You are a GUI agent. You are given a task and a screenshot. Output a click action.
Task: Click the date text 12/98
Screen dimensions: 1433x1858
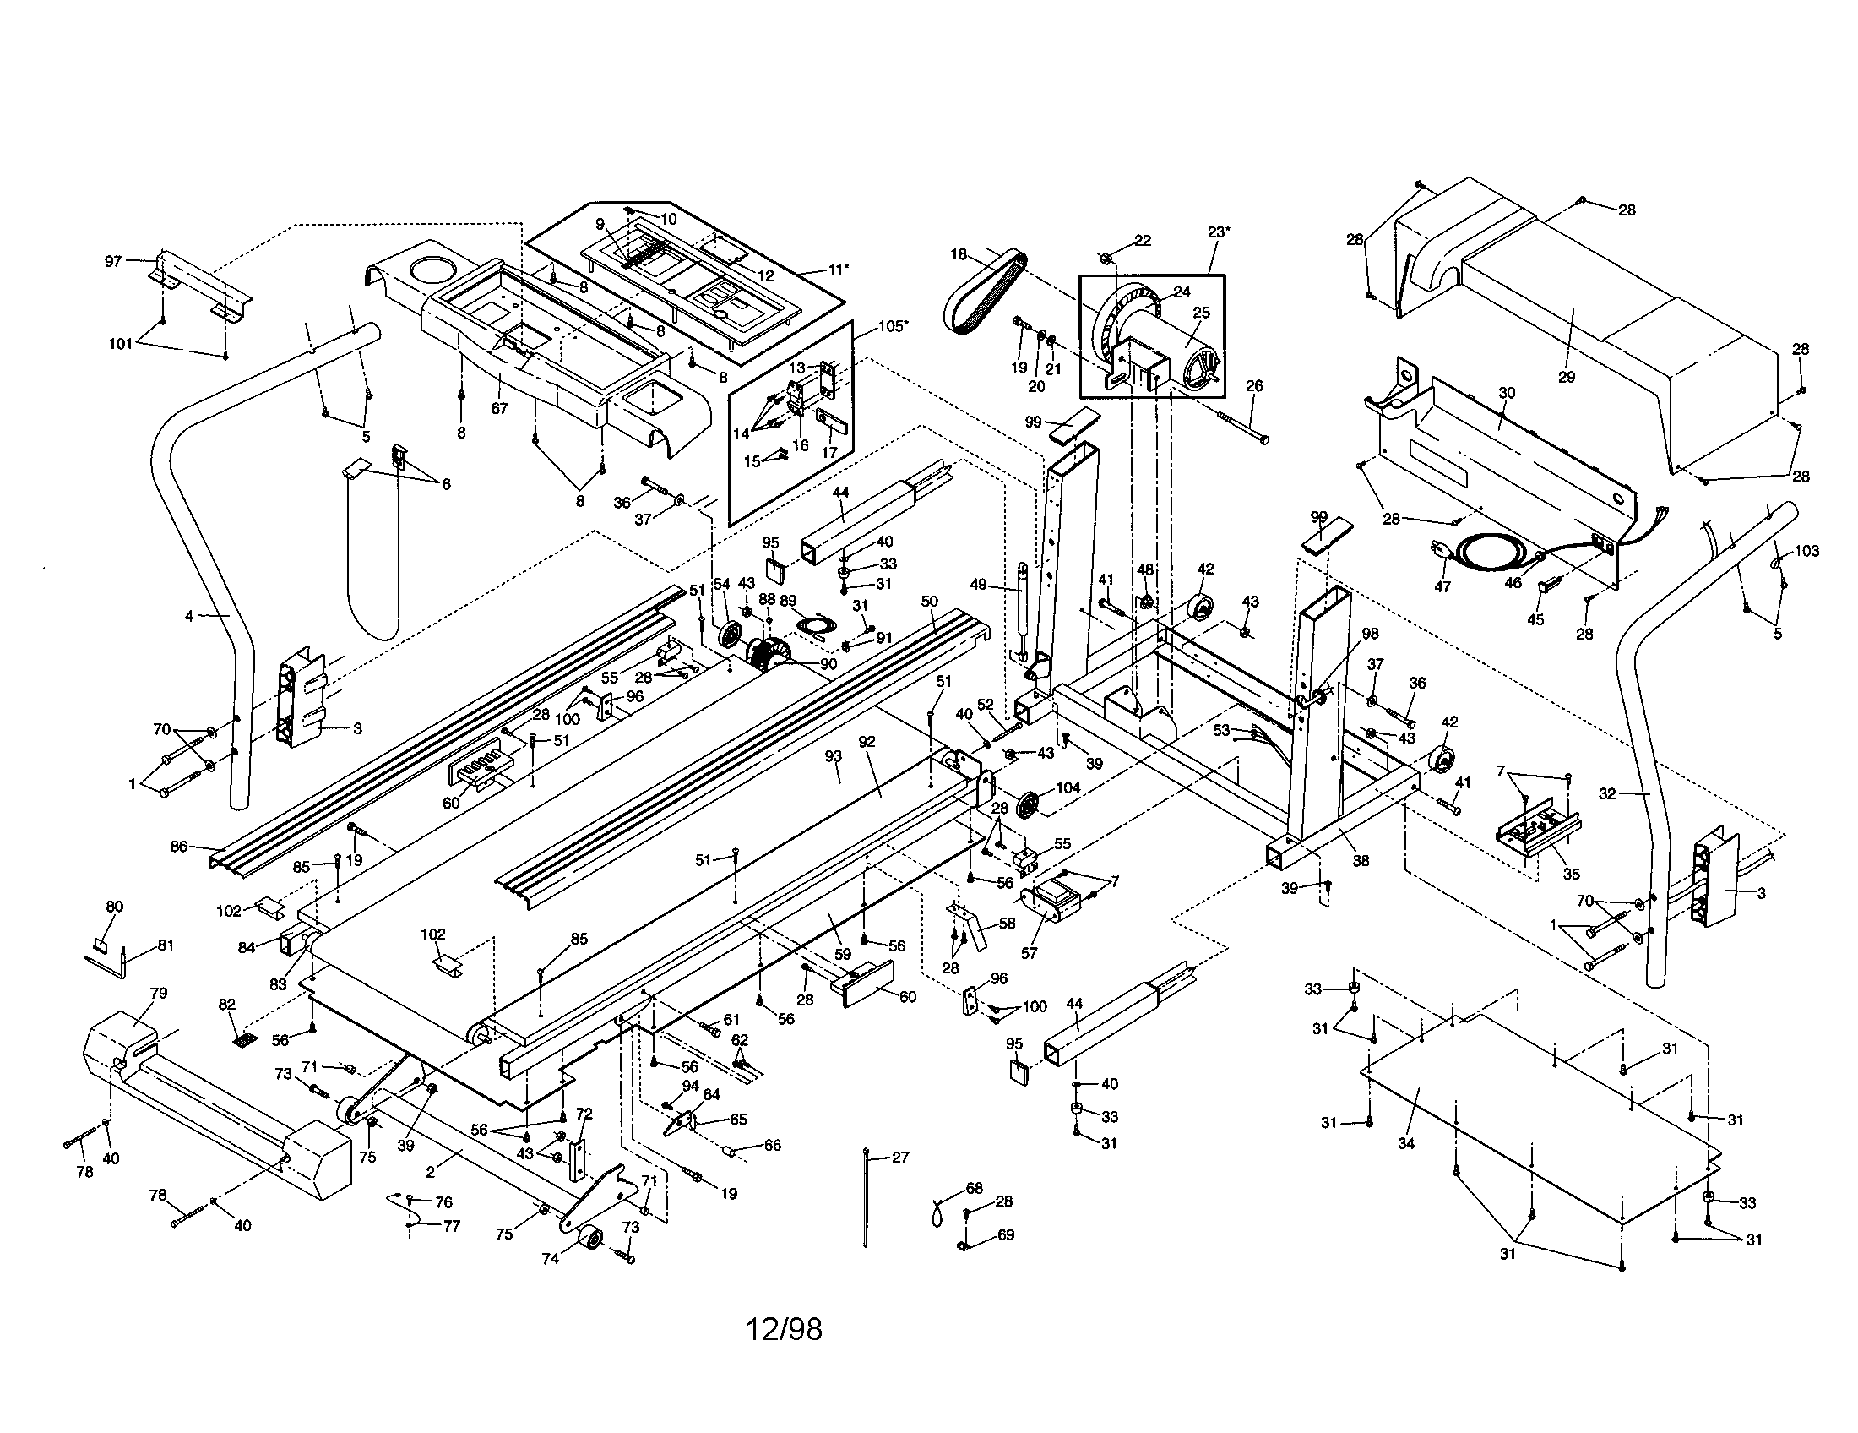pos(784,1329)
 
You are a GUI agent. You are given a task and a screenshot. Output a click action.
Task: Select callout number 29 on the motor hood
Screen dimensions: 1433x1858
pos(1566,377)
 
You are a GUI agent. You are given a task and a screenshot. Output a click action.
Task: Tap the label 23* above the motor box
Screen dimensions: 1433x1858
pos(1218,232)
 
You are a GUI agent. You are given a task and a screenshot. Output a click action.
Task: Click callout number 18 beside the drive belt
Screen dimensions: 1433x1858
pos(959,253)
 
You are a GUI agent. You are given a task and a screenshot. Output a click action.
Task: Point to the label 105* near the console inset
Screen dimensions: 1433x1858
pos(893,326)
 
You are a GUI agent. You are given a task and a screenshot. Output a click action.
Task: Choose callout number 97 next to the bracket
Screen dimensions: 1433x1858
pos(113,261)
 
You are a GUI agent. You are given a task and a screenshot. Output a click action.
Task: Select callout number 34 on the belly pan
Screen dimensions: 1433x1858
pos(1405,1144)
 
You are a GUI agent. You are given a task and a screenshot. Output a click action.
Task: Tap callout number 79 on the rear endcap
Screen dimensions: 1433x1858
pos(158,992)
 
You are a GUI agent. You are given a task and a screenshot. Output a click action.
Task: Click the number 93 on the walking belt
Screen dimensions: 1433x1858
pos(833,755)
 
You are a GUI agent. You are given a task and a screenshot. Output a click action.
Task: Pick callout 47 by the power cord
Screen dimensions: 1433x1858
pos(1442,586)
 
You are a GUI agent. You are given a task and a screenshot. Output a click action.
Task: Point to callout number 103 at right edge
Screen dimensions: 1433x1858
pos(1807,551)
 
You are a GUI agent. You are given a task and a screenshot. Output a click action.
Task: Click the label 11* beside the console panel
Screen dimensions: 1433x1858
pos(838,270)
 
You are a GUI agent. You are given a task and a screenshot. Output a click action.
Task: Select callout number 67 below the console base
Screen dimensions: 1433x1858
pos(499,408)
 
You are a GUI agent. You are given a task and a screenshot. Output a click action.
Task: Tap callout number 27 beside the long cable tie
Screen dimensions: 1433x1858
pos(900,1158)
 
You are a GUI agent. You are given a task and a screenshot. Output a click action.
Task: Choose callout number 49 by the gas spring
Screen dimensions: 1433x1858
pos(979,584)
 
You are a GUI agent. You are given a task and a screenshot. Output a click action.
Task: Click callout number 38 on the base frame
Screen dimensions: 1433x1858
pos(1361,860)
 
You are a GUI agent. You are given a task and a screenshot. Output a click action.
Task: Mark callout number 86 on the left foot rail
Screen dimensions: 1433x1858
pos(179,847)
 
